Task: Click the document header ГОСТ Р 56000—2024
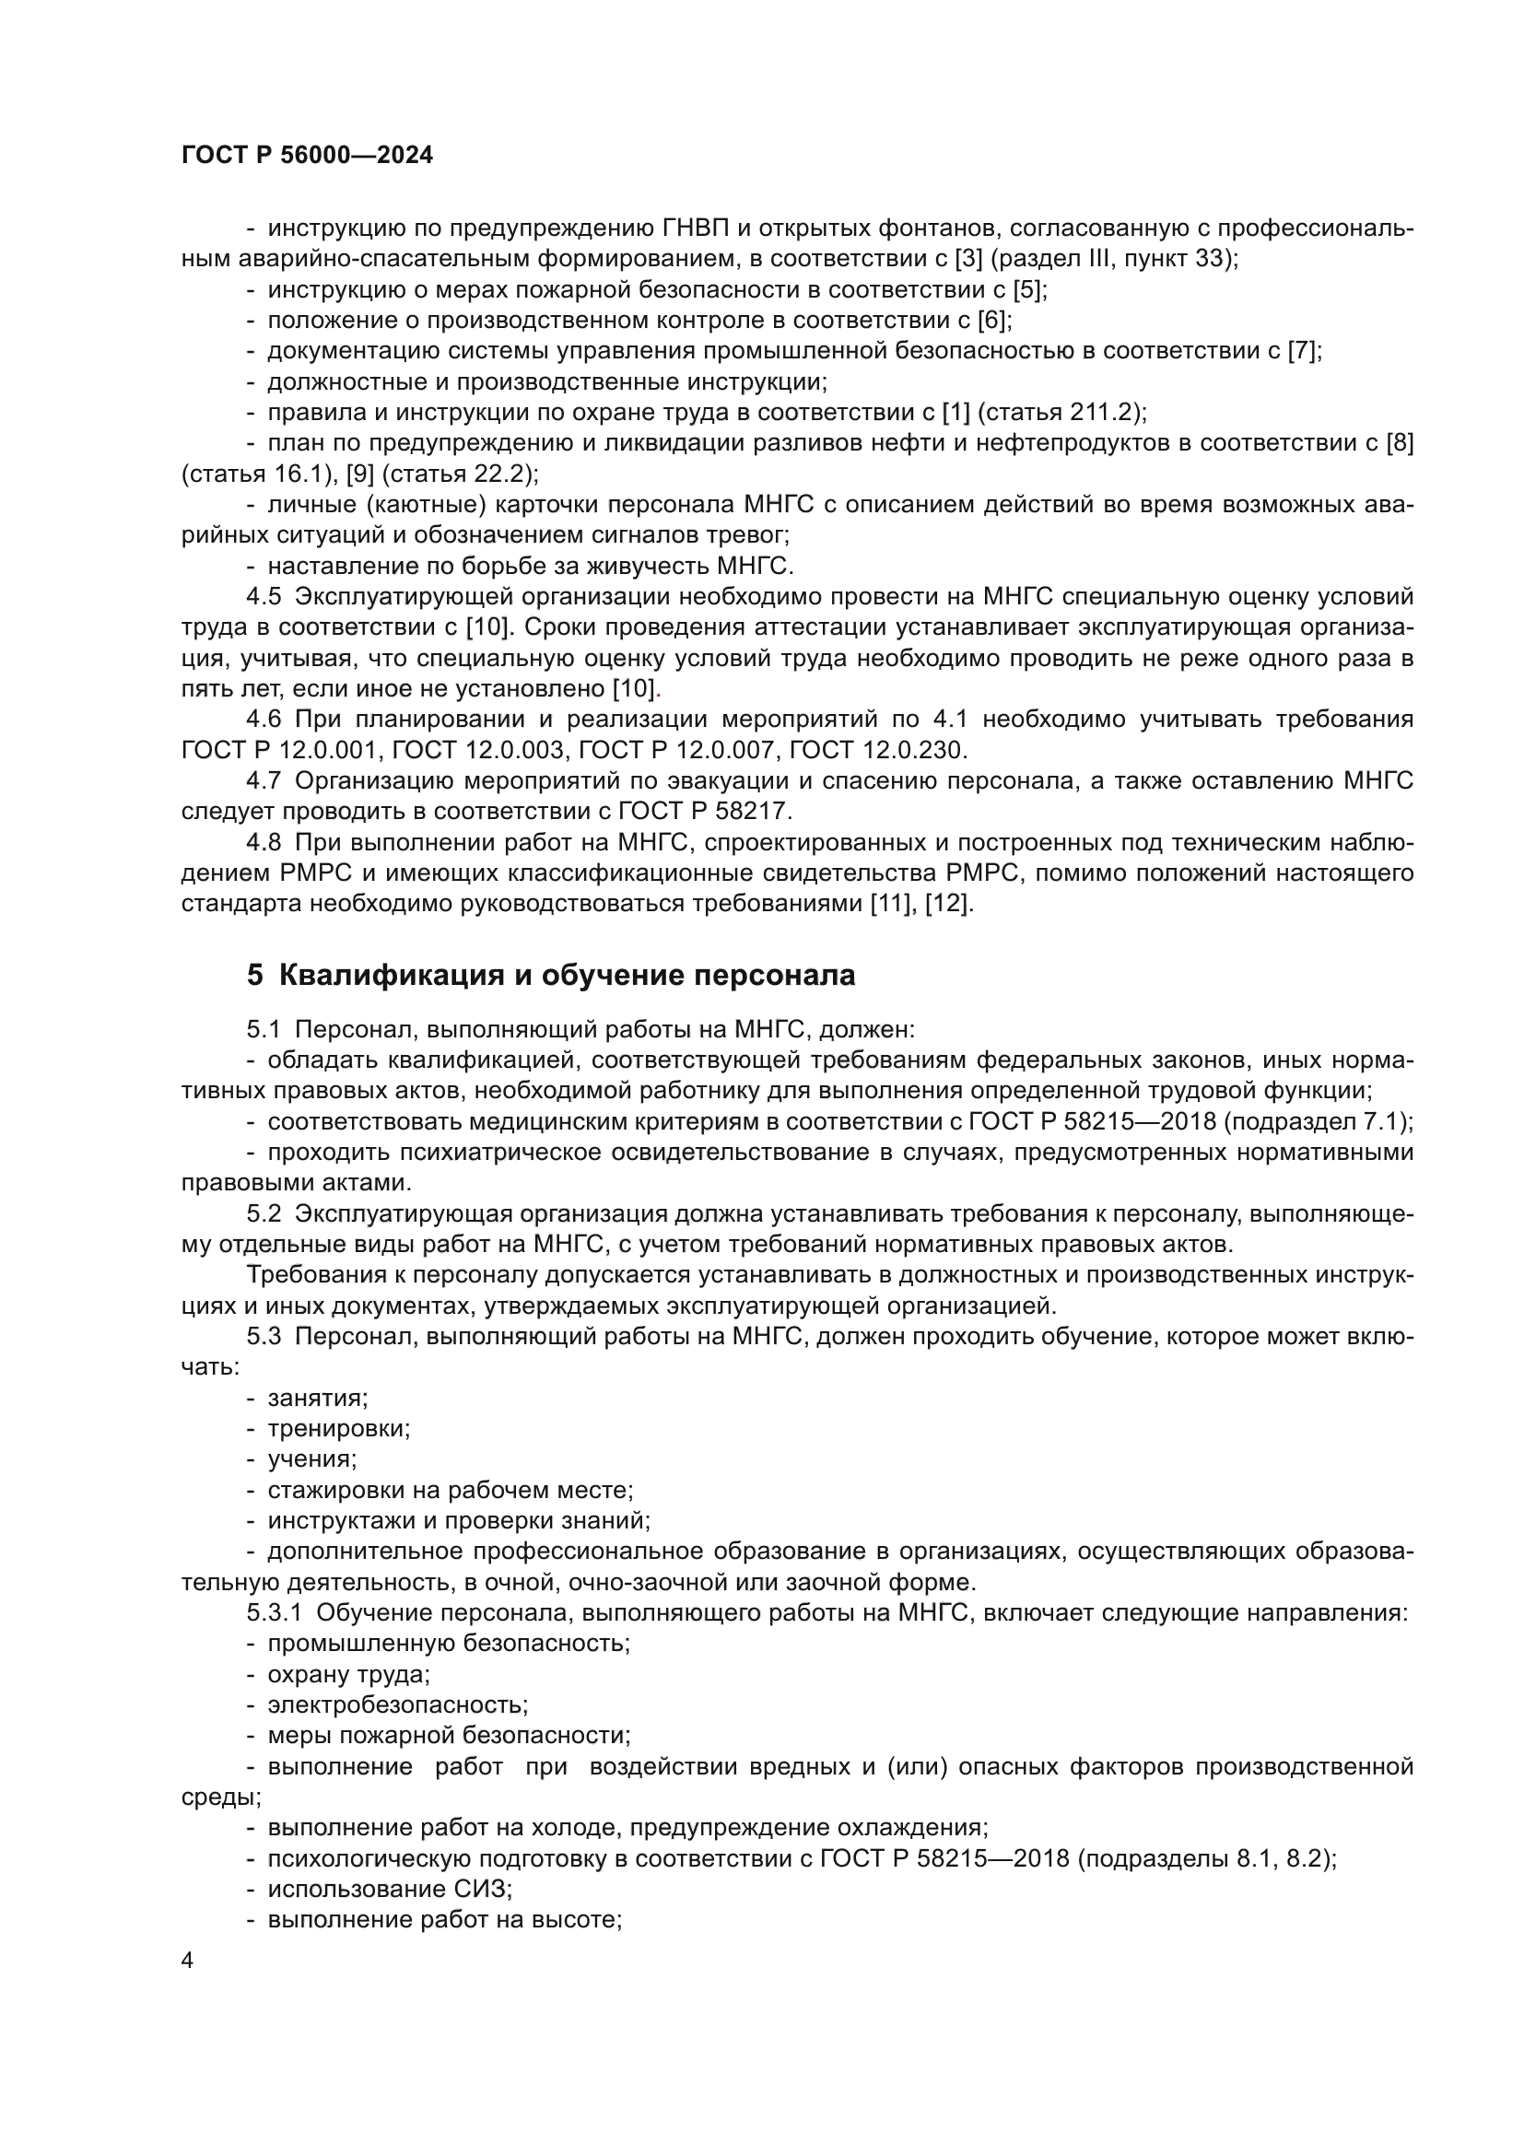(307, 156)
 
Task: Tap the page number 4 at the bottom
(188, 1961)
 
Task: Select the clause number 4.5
(264, 597)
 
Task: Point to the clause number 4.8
(264, 843)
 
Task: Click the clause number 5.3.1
(274, 1612)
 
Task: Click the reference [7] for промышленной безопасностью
(1303, 351)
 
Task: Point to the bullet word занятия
(316, 1398)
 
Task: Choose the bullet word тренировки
(338, 1429)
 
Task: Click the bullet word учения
(311, 1458)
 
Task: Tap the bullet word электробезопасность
(397, 1704)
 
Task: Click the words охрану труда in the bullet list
(347, 1674)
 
